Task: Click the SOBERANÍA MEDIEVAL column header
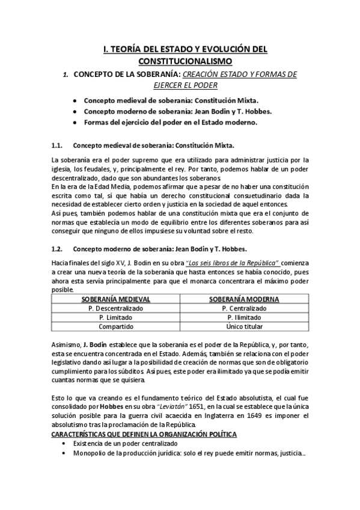tap(116, 299)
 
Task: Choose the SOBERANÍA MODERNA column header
tap(244, 299)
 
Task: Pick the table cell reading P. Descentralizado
tap(116, 308)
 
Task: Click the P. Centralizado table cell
tap(244, 308)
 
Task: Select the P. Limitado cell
tap(116, 317)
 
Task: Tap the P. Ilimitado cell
tap(244, 317)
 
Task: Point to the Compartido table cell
tap(116, 326)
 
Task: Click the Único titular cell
tap(244, 326)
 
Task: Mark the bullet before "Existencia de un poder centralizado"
tap(64, 443)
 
